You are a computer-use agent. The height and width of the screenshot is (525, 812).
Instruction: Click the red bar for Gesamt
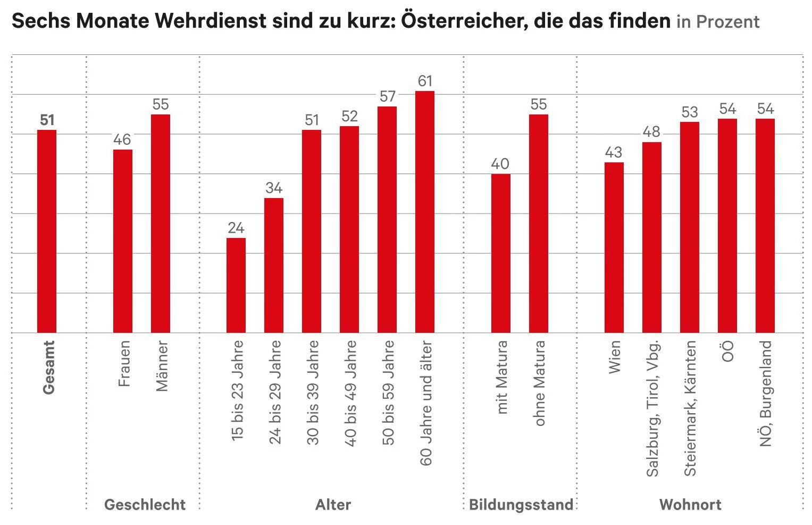[x=47, y=232]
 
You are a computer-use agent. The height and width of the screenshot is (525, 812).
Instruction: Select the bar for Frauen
[x=123, y=241]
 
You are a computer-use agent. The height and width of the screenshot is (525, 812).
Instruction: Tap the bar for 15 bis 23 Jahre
[x=236, y=285]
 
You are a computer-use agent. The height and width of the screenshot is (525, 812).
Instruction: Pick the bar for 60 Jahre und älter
[x=425, y=212]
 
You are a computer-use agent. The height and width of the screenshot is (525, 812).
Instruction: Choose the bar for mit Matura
[x=500, y=253]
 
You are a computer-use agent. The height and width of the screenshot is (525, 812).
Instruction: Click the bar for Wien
[x=614, y=248]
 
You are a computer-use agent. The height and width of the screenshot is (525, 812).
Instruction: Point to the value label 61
[x=425, y=81]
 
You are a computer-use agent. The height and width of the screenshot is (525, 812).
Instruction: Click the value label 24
[x=236, y=228]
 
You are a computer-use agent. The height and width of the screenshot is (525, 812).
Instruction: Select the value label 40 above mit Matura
[x=500, y=164]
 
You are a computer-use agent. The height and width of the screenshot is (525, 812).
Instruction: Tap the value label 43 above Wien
[x=614, y=153]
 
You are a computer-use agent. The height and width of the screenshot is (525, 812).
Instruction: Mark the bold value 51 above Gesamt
[x=47, y=120]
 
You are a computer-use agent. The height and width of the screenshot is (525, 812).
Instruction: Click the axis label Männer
[x=162, y=366]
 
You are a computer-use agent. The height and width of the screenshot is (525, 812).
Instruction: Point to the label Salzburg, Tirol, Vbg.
[x=652, y=408]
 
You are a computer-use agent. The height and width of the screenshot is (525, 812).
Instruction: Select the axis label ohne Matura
[x=539, y=383]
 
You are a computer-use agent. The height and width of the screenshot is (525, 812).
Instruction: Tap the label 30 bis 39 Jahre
[x=313, y=393]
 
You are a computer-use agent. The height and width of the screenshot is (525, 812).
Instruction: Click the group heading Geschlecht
[x=145, y=505]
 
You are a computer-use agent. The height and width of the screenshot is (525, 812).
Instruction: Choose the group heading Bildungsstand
[x=521, y=505]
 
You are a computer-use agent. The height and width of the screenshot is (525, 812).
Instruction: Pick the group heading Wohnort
[x=690, y=505]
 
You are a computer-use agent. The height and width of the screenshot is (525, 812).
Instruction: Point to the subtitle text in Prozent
[x=718, y=22]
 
